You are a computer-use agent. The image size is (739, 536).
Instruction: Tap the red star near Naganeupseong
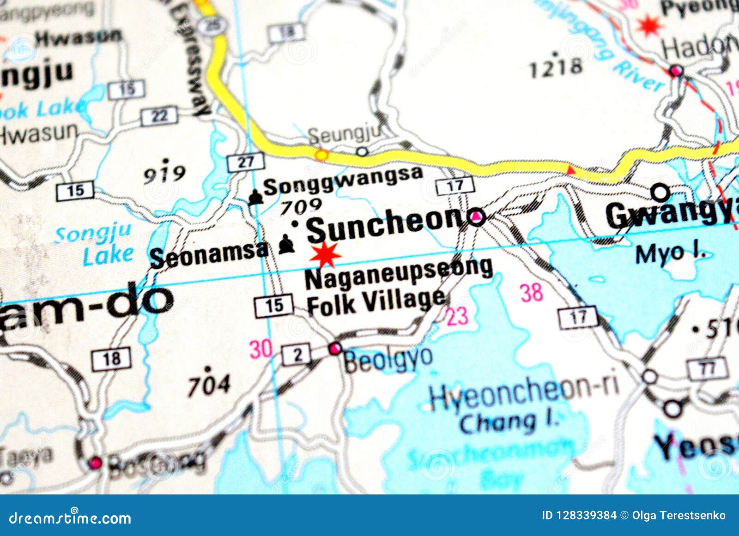point(326,255)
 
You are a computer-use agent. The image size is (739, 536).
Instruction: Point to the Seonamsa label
point(209,254)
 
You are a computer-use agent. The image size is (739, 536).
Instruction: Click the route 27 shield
point(246,162)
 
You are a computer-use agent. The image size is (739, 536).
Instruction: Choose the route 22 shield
point(159,115)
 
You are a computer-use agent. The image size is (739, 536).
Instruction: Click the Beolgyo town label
point(388,359)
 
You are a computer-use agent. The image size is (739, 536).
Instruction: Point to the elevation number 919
point(164,174)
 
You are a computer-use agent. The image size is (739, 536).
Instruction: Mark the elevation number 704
point(209,384)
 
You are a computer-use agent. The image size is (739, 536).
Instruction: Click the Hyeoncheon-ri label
point(524,394)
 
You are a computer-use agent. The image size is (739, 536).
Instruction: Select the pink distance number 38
point(531,292)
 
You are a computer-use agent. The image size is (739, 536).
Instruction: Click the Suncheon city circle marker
point(476,217)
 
